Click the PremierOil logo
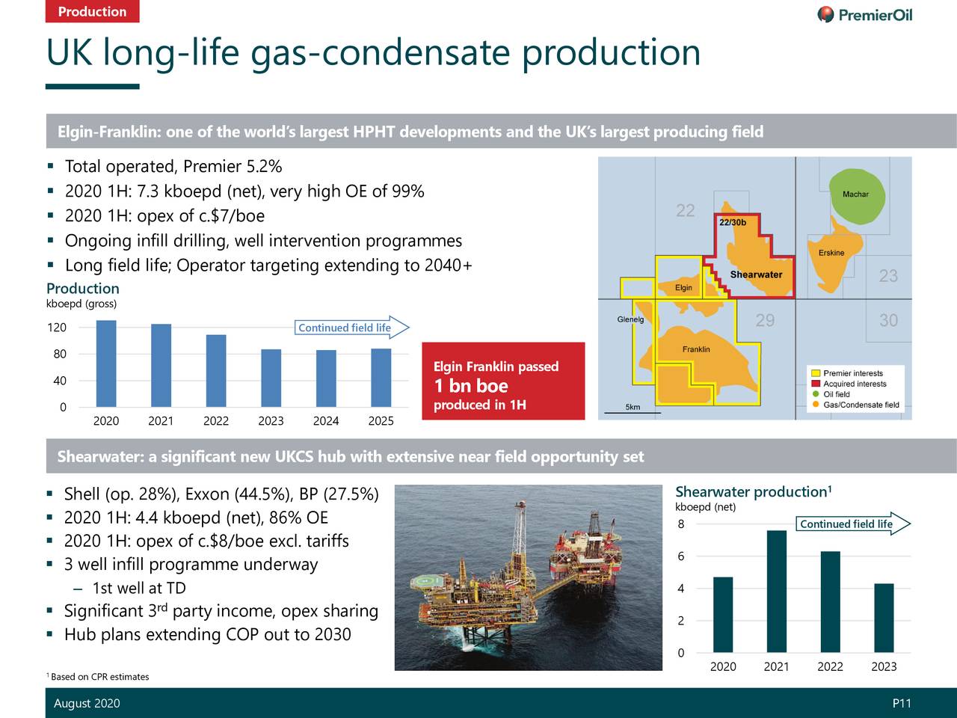click(864, 15)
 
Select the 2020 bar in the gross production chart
click(106, 363)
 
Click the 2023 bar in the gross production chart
click(271, 378)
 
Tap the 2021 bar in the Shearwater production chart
click(777, 591)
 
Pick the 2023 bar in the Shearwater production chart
click(884, 618)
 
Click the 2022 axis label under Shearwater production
click(830, 666)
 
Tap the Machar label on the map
click(855, 194)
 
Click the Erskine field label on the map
click(831, 253)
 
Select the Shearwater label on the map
click(756, 274)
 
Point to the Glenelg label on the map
click(630, 319)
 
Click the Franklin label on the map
click(696, 349)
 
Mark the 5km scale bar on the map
click(633, 410)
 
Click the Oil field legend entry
click(836, 394)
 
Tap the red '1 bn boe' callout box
click(503, 381)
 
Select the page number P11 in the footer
click(902, 703)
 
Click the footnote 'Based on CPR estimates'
click(99, 677)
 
